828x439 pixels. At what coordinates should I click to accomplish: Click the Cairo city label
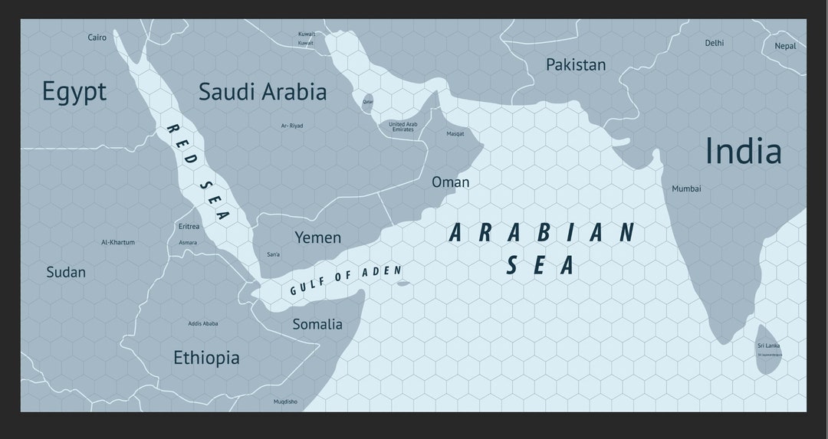coord(97,38)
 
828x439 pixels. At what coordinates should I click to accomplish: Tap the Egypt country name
coord(74,92)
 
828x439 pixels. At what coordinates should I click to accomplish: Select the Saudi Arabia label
coord(262,92)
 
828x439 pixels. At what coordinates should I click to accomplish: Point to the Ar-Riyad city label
coord(292,126)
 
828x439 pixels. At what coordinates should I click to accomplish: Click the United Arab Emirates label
coord(402,126)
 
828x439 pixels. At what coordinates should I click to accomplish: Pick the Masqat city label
coord(455,134)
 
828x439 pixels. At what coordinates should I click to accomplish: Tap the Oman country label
coord(451,182)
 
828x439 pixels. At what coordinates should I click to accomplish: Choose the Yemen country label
coord(318,238)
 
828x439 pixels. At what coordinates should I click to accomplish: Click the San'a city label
coord(273,254)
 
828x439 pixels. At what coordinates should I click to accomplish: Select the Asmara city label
coord(188,243)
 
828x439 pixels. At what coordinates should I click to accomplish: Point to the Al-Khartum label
coord(118,242)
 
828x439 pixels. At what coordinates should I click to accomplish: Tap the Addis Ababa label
coord(203,323)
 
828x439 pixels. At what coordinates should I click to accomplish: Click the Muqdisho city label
coord(285,401)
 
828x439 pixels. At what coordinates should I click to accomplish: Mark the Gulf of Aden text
coord(345,280)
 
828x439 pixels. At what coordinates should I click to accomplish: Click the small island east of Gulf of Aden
coord(403,283)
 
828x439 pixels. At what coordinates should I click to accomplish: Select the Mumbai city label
coord(686,188)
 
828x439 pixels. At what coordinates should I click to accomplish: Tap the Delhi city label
coord(714,43)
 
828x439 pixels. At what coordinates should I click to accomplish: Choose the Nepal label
coord(785,46)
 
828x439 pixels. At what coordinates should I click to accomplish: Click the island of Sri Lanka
coord(768,349)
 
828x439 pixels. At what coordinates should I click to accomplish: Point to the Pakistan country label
coord(576,65)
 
